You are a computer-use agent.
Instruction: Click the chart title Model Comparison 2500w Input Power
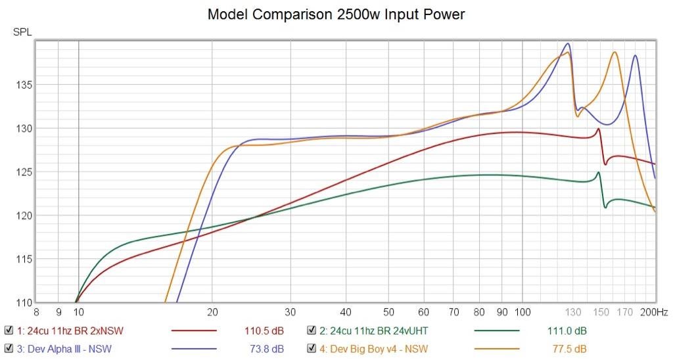pos(336,14)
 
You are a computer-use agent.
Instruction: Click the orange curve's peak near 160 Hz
pos(615,52)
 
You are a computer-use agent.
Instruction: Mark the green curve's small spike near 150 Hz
pos(598,173)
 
